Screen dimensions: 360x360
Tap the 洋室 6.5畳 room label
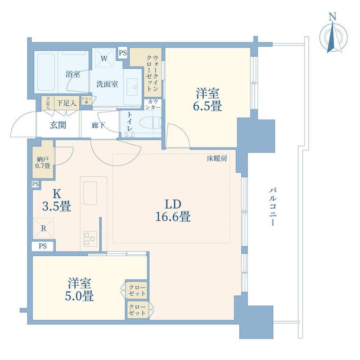[207, 99]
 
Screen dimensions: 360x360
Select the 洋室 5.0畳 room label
[79, 289]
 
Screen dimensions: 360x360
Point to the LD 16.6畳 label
[173, 210]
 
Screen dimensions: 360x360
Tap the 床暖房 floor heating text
[217, 159]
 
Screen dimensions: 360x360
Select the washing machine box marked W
[104, 58]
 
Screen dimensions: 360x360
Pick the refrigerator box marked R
[44, 228]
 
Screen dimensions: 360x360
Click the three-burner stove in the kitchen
[90, 239]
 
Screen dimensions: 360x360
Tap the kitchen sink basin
[90, 193]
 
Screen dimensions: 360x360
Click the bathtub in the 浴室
[46, 72]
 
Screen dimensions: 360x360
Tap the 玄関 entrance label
[58, 125]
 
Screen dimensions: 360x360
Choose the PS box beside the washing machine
[123, 53]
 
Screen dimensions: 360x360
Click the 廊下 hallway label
[98, 126]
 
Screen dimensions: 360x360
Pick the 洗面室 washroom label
[107, 84]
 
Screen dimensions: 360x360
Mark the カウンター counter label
[153, 104]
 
